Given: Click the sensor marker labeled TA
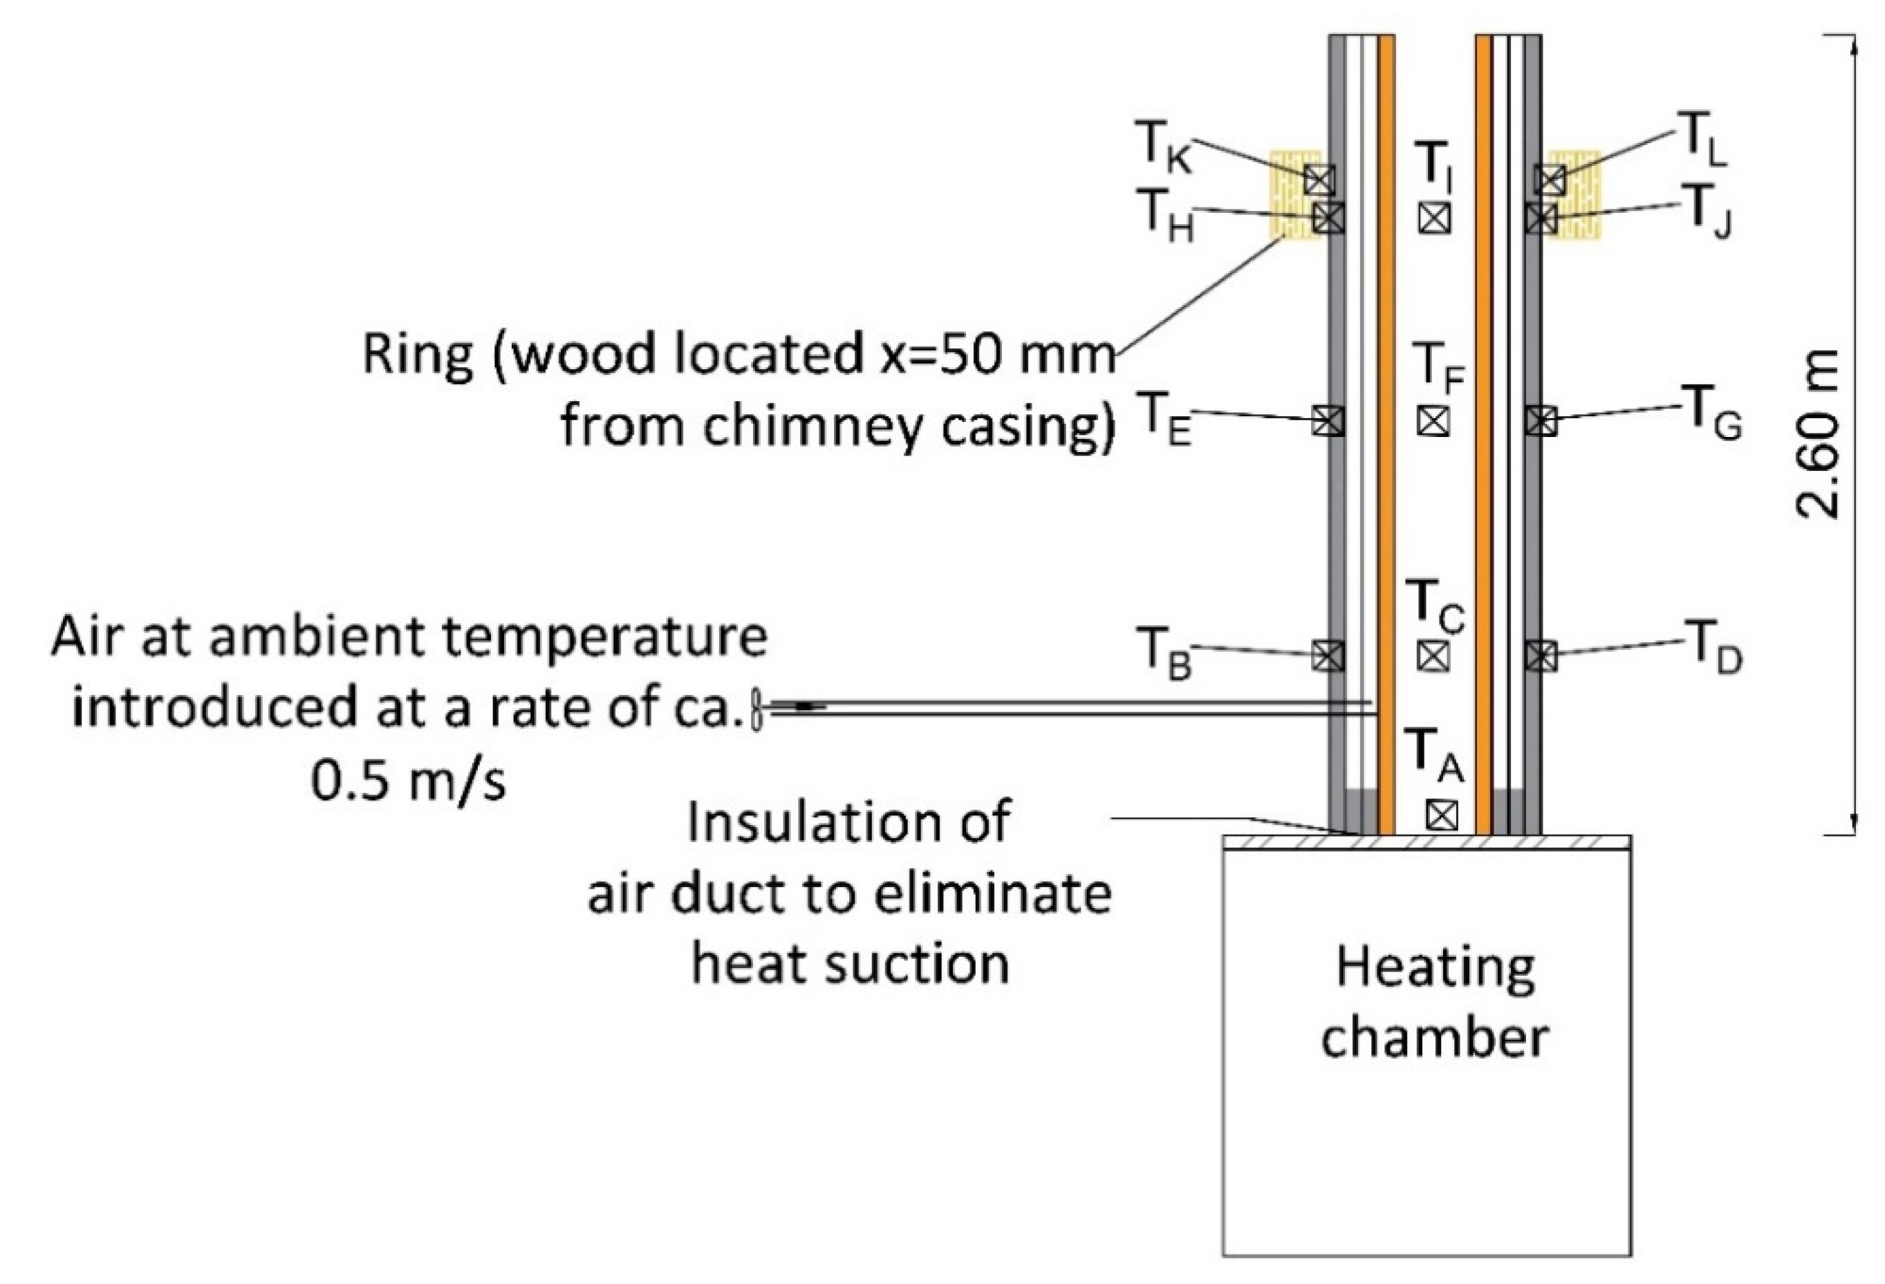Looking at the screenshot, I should [1440, 815].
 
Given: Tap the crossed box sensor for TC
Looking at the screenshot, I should [1433, 655].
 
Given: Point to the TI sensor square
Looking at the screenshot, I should [1435, 217].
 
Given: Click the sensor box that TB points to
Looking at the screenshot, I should [1328, 655].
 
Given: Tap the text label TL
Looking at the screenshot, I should [1702, 145].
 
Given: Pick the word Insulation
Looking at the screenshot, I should [848, 821].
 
